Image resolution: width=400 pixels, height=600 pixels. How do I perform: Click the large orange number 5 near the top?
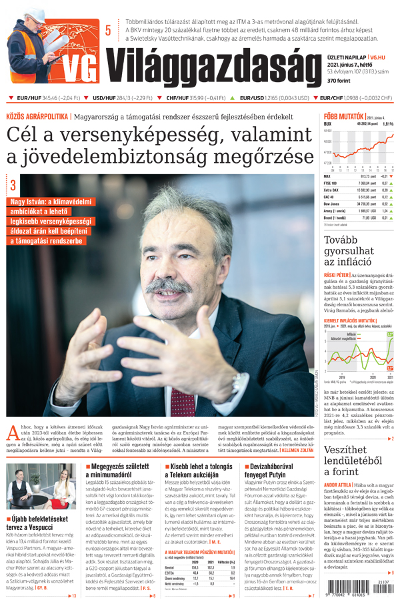coord(108,29)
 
